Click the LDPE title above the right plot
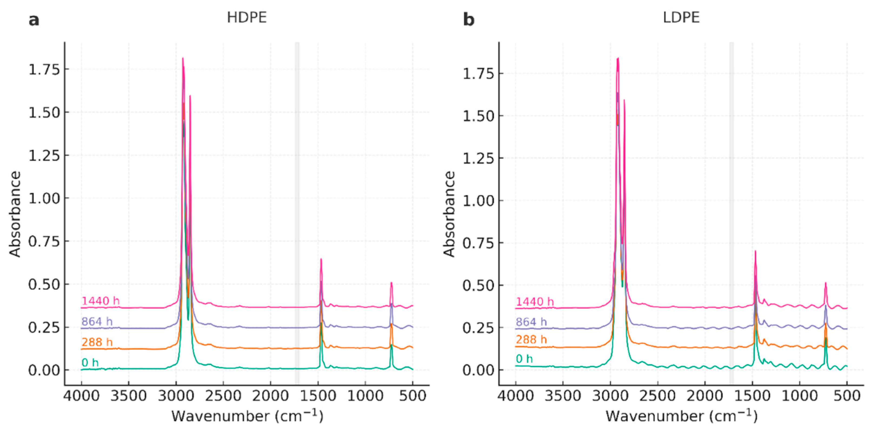click(681, 17)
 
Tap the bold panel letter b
click(468, 20)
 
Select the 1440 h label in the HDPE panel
click(100, 301)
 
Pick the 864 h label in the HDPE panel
click(97, 321)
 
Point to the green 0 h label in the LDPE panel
click(524, 359)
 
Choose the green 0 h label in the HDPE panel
click(90, 363)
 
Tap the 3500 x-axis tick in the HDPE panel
click(129, 396)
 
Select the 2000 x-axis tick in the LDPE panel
click(705, 396)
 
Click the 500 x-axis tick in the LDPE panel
click(847, 396)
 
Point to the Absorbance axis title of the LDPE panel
click(449, 214)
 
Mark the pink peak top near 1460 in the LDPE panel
click(756, 252)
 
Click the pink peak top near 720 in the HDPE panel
click(391, 283)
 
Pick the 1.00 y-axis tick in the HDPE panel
click(44, 198)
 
